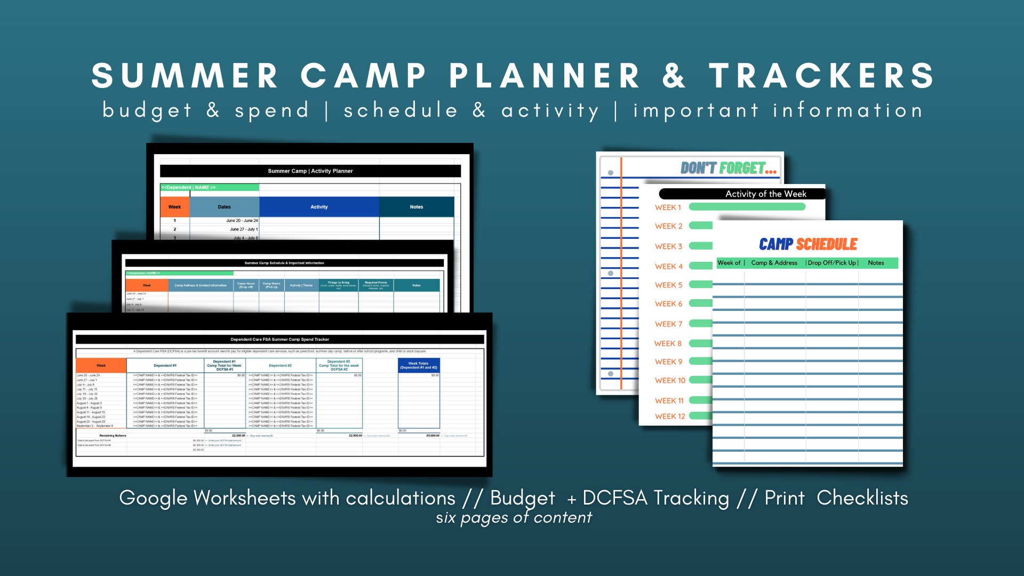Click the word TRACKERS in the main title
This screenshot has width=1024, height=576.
[821, 76]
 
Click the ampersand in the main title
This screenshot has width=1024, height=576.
[674, 76]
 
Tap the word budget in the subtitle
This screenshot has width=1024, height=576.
[147, 110]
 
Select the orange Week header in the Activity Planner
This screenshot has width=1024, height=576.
[174, 207]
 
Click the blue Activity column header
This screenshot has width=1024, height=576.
[319, 207]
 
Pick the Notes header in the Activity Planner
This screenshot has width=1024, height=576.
[416, 207]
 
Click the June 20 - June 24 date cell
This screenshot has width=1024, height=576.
[242, 220]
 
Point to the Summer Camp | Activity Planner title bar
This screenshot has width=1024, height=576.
[310, 171]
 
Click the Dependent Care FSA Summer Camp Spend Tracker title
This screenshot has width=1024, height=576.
[279, 339]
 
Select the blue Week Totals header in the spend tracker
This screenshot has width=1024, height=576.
[419, 365]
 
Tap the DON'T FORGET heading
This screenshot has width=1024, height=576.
[728, 169]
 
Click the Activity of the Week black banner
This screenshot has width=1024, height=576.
[765, 194]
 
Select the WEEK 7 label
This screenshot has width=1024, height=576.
[668, 324]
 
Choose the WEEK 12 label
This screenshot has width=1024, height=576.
[670, 416]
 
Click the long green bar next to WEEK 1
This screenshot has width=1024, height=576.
[747, 207]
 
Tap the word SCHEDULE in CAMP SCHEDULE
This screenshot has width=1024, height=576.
[826, 244]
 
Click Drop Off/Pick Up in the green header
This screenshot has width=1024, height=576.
[832, 263]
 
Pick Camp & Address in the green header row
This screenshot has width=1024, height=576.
[774, 263]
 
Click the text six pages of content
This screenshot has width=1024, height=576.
[514, 517]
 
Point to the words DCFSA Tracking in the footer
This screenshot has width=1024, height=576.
[655, 498]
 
